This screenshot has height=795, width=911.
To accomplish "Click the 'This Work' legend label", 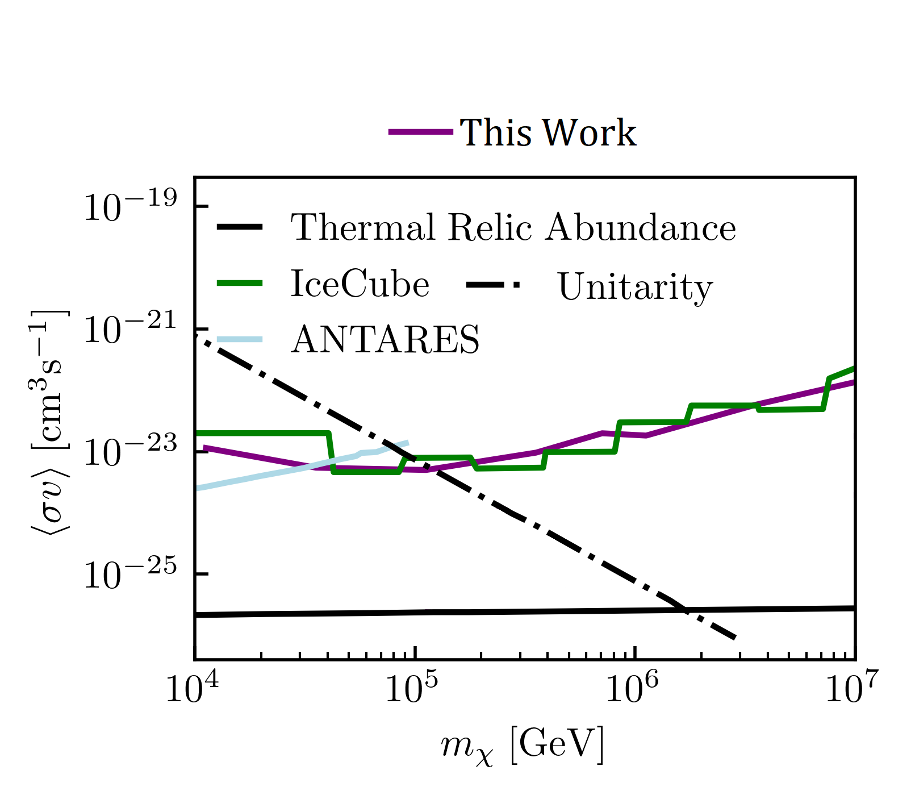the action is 548,133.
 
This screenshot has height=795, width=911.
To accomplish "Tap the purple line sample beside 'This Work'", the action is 421,132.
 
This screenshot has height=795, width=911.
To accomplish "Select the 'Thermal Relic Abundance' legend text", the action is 513,228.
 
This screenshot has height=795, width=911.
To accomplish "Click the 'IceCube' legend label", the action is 360,284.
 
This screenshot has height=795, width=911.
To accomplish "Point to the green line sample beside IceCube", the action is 240,283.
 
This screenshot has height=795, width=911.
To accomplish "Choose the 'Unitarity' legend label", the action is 636,287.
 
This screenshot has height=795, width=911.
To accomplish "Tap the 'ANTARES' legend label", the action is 386,339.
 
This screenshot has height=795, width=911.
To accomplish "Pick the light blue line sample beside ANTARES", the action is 240,339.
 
